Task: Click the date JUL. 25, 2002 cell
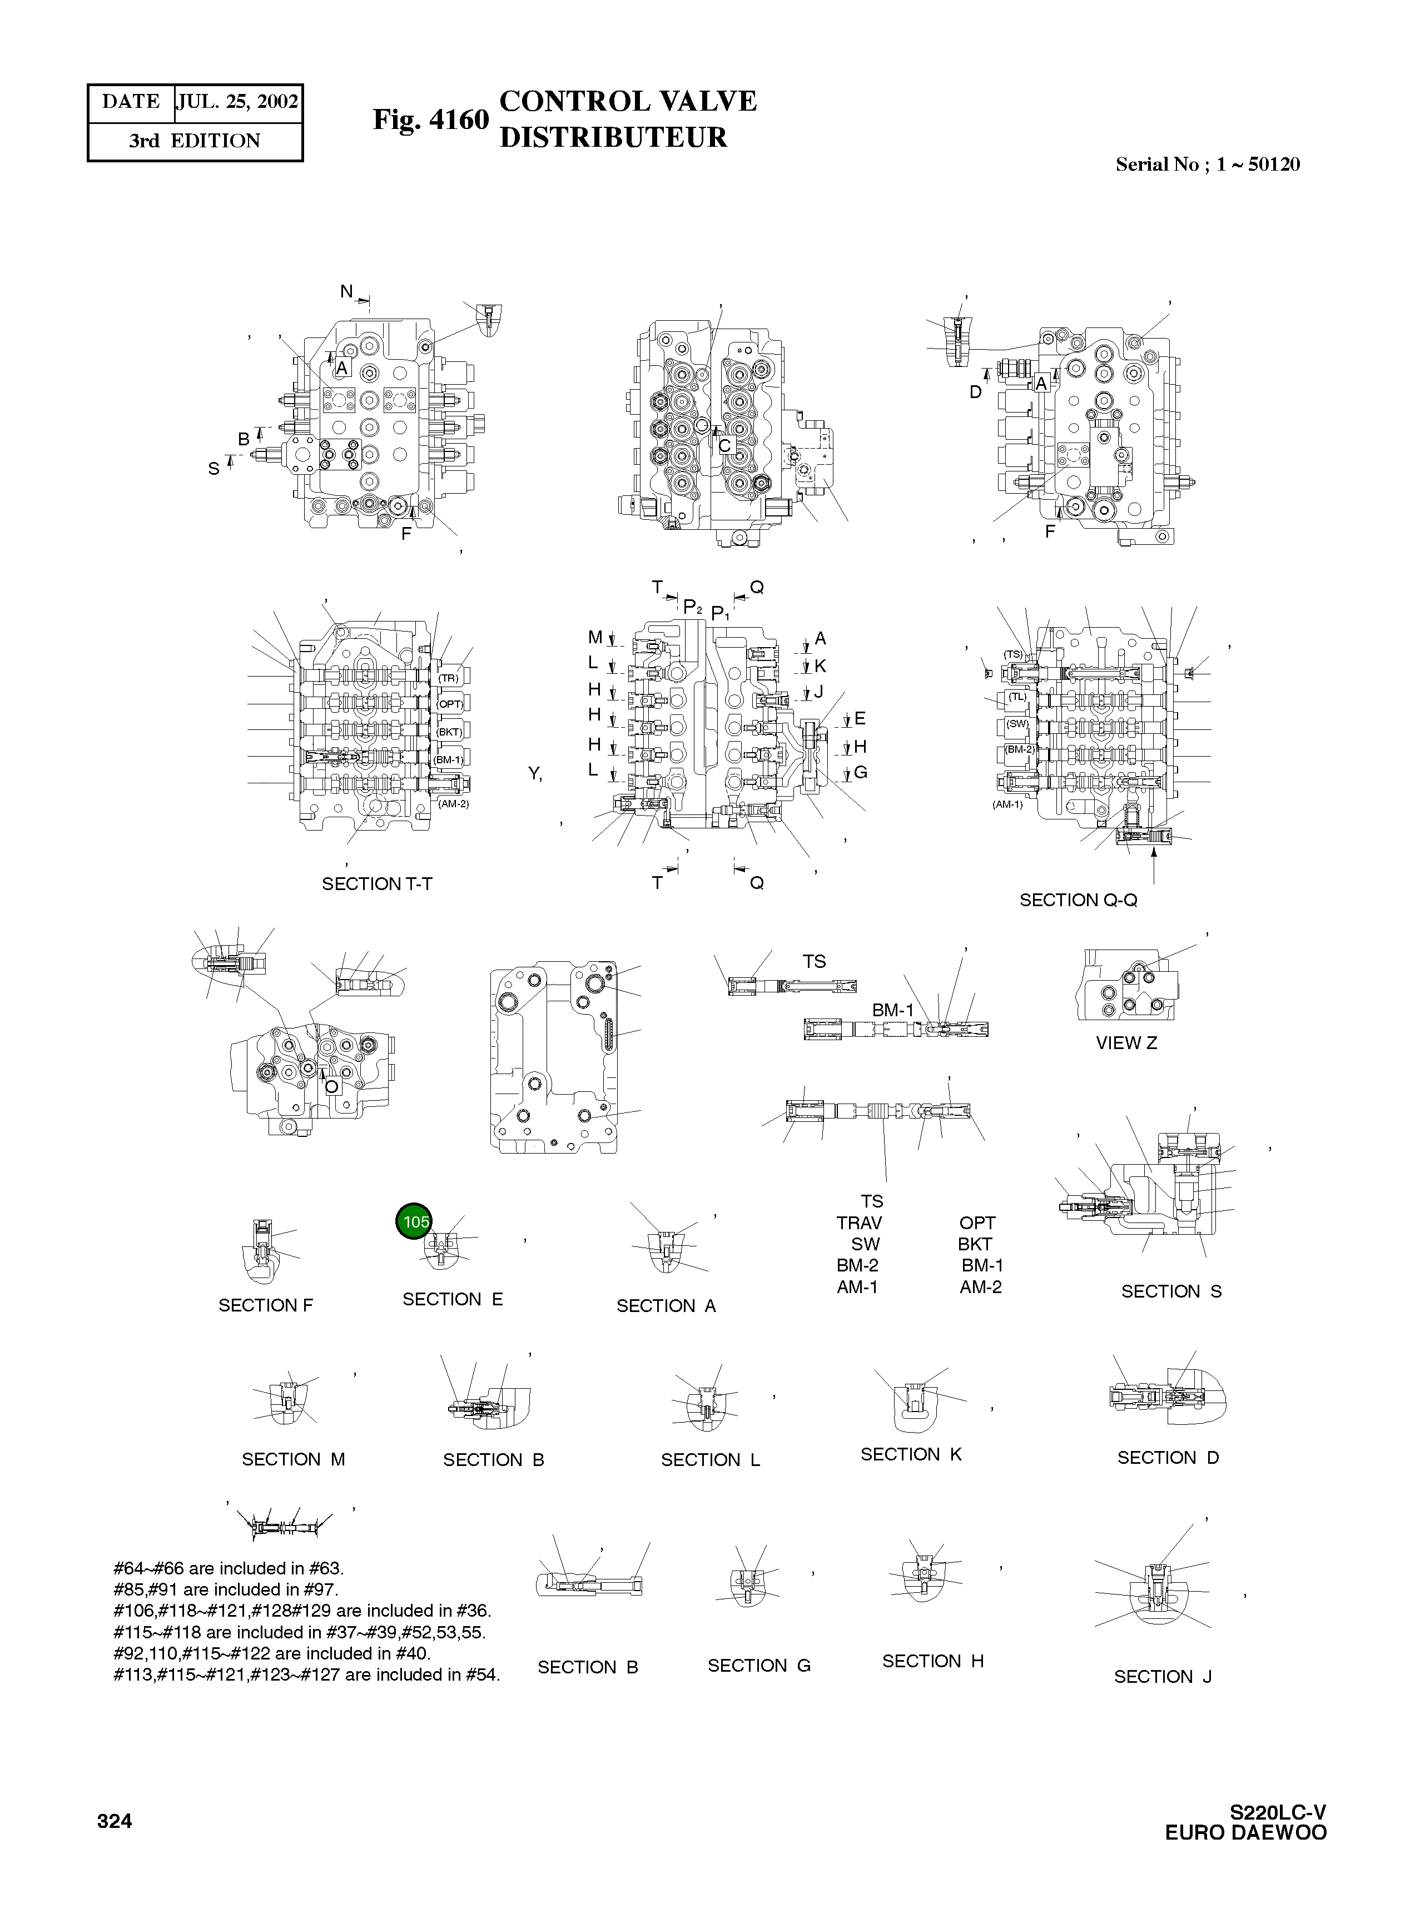point(238,102)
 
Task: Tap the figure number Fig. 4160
point(430,120)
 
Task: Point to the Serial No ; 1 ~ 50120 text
point(1207,165)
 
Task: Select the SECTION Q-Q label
point(1078,900)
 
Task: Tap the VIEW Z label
point(1126,1042)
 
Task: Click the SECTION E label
point(453,1299)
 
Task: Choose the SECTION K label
point(911,1454)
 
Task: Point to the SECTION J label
point(1163,1676)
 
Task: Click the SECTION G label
point(759,1665)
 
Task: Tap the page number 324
point(115,1821)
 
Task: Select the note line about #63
point(228,1568)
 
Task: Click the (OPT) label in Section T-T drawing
point(450,704)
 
